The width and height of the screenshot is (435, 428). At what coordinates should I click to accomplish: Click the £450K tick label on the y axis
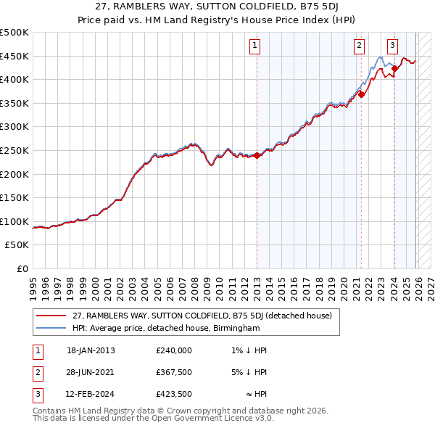(x=14, y=56)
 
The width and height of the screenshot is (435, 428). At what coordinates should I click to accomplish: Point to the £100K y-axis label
(x=14, y=221)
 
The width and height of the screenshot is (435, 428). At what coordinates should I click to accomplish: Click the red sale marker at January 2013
(x=257, y=155)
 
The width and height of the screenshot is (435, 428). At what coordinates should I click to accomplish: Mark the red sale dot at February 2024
(x=394, y=68)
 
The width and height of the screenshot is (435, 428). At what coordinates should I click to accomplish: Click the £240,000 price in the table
(x=173, y=350)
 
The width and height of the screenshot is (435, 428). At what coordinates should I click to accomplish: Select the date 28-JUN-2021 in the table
(x=91, y=373)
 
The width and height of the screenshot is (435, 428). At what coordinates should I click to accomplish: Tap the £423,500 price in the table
(x=173, y=395)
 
